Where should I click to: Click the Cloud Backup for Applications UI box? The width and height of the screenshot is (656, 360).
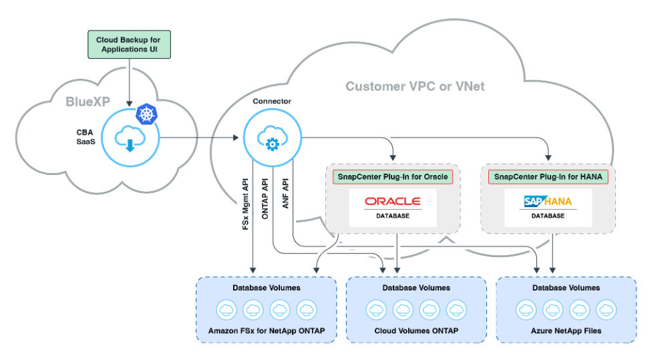tap(128, 45)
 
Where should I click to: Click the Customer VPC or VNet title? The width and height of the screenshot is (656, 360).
tap(415, 86)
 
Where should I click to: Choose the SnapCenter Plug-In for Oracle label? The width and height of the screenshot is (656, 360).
tap(391, 177)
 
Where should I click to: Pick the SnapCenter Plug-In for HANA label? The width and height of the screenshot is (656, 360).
tap(548, 177)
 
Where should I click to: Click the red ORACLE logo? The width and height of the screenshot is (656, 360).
tap(392, 202)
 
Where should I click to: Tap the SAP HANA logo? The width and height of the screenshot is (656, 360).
tap(548, 201)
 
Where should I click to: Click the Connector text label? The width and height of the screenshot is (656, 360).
tap(272, 102)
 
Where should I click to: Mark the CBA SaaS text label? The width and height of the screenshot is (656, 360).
tap(85, 138)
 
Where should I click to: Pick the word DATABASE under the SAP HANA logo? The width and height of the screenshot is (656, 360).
tap(548, 216)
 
